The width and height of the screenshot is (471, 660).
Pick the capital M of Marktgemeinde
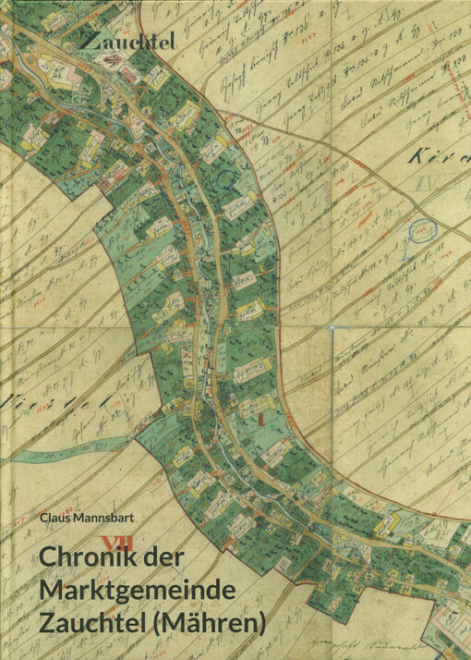pos(52,591)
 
